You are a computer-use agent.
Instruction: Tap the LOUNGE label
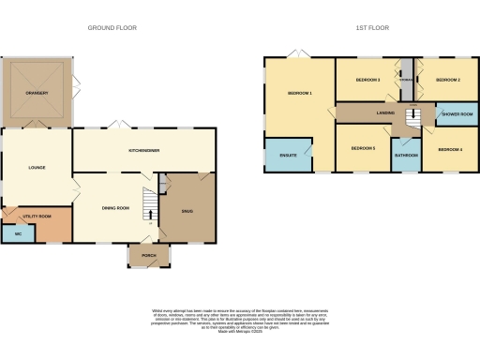(x=36, y=168)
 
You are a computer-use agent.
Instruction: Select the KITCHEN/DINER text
(x=143, y=150)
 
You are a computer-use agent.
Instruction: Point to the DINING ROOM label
(x=114, y=207)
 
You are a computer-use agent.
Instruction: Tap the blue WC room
(x=18, y=233)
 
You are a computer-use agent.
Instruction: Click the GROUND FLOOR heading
(x=112, y=28)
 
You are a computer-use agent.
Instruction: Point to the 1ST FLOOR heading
(x=367, y=28)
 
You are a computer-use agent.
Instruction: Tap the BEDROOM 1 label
(x=299, y=94)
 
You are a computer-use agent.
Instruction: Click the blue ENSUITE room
(x=287, y=156)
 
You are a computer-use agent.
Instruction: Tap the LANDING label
(x=385, y=112)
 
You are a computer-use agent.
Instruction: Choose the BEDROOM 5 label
(x=363, y=149)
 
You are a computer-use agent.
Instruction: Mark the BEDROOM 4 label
(x=449, y=149)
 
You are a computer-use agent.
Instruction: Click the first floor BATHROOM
(x=406, y=155)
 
